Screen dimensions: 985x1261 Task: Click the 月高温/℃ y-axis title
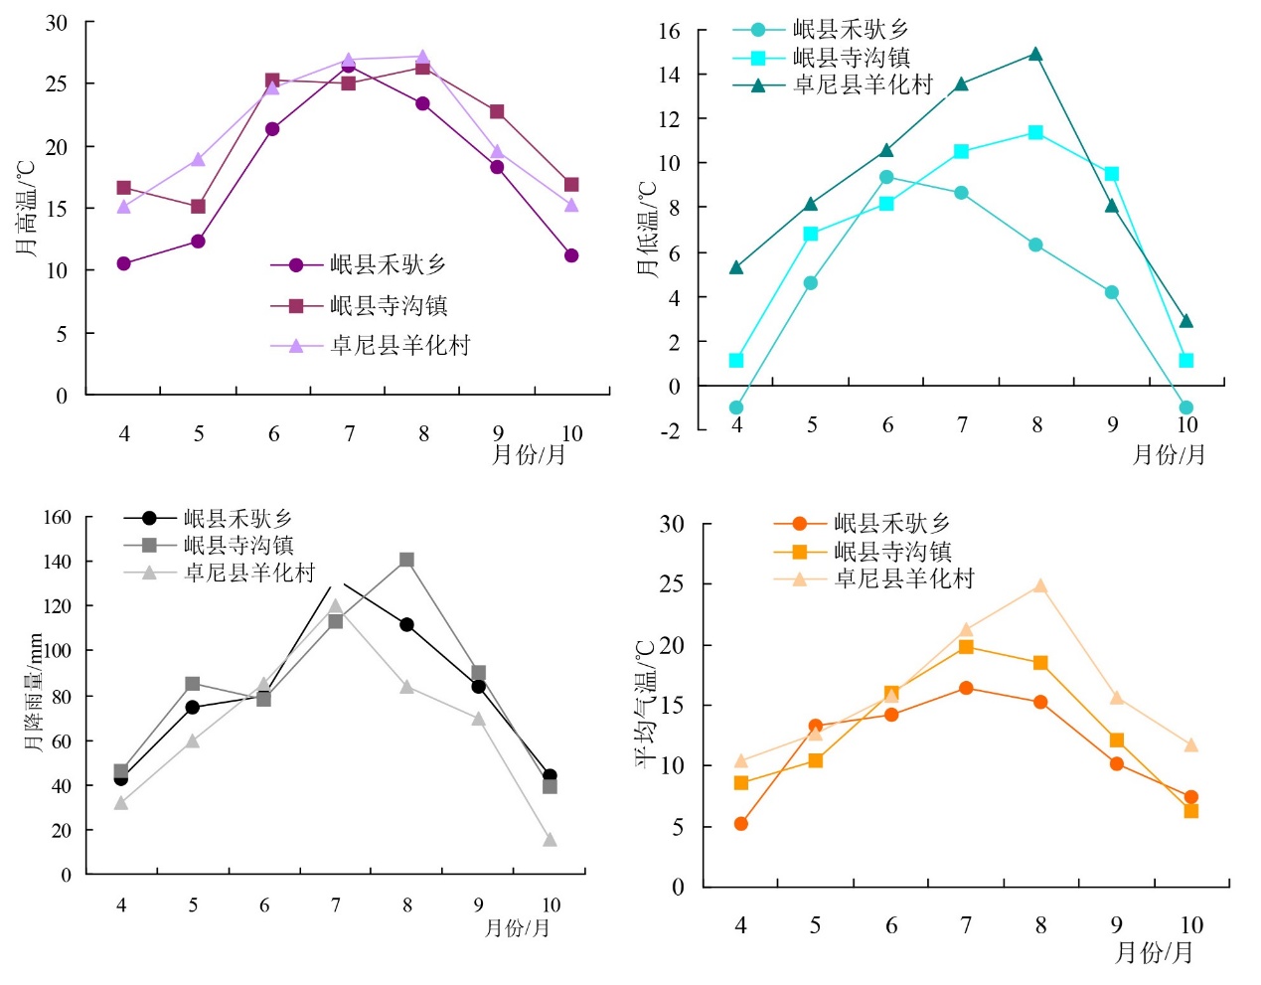27,208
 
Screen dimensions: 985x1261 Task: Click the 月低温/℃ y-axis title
647,229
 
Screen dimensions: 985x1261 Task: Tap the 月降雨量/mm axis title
35,693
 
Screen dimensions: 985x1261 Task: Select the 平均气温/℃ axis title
647,704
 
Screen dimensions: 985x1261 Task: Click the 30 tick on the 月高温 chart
57,23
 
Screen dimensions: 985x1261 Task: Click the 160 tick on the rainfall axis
58,517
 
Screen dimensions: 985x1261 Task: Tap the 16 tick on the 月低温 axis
670,31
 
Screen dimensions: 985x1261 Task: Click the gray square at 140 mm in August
406,561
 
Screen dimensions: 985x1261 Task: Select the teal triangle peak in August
1035,55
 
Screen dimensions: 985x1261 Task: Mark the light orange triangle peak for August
1040,586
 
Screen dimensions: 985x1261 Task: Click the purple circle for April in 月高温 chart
123,263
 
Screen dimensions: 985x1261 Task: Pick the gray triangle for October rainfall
550,840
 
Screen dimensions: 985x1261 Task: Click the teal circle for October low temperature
1185,408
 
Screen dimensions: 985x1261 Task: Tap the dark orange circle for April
741,824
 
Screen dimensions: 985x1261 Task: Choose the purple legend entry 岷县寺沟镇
389,305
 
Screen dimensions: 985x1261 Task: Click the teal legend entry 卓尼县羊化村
862,85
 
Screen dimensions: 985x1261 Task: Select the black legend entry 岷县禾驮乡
237,518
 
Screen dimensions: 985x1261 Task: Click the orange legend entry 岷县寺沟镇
891,551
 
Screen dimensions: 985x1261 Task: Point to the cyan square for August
1035,132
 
